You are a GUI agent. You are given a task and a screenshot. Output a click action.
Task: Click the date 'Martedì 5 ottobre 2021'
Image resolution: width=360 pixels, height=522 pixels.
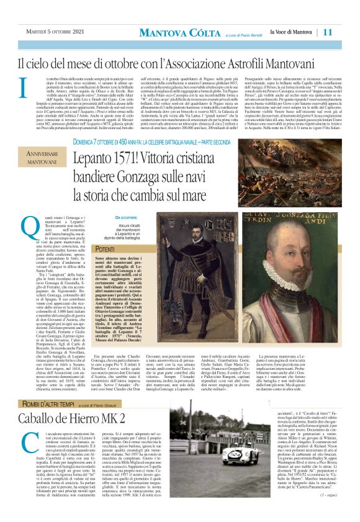point(56,32)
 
